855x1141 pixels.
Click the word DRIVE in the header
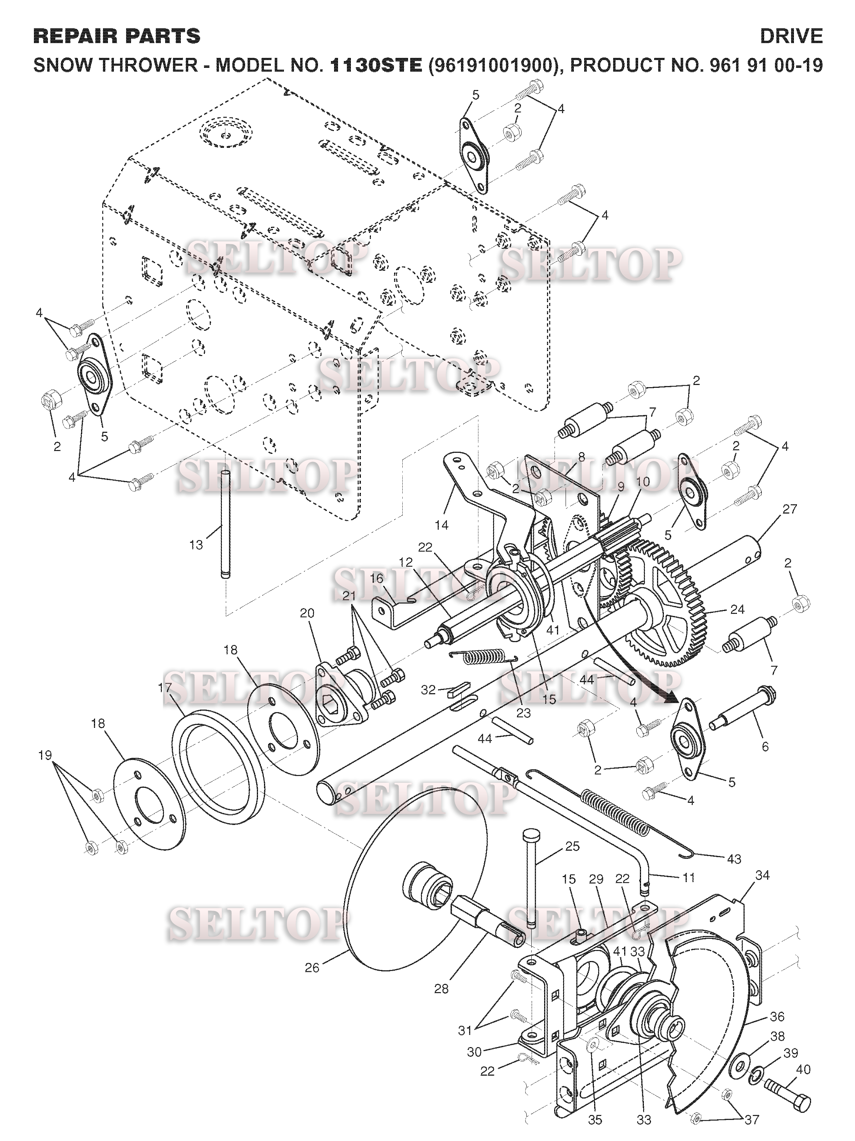[x=791, y=36]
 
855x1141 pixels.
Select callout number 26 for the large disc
[x=312, y=968]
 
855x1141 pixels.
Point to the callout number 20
[x=307, y=613]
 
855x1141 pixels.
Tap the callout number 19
[x=45, y=755]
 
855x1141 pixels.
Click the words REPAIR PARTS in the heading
[x=116, y=36]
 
